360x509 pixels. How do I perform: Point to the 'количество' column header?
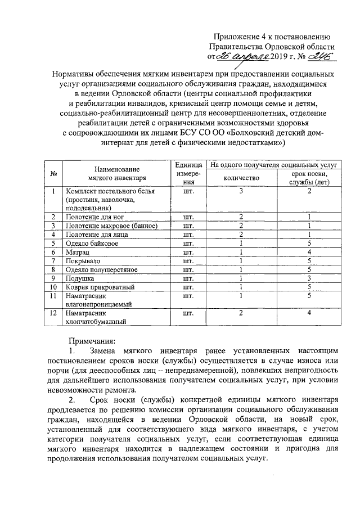point(241,178)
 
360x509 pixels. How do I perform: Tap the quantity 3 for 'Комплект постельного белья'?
point(241,192)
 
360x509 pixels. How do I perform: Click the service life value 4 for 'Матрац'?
point(309,253)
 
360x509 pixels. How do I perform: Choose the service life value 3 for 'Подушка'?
point(309,278)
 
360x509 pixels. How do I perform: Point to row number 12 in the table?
point(53,312)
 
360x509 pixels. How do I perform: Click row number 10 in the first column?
point(53,287)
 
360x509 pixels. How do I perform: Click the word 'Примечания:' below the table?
point(92,340)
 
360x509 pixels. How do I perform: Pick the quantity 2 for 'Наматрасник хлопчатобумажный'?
point(241,312)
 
